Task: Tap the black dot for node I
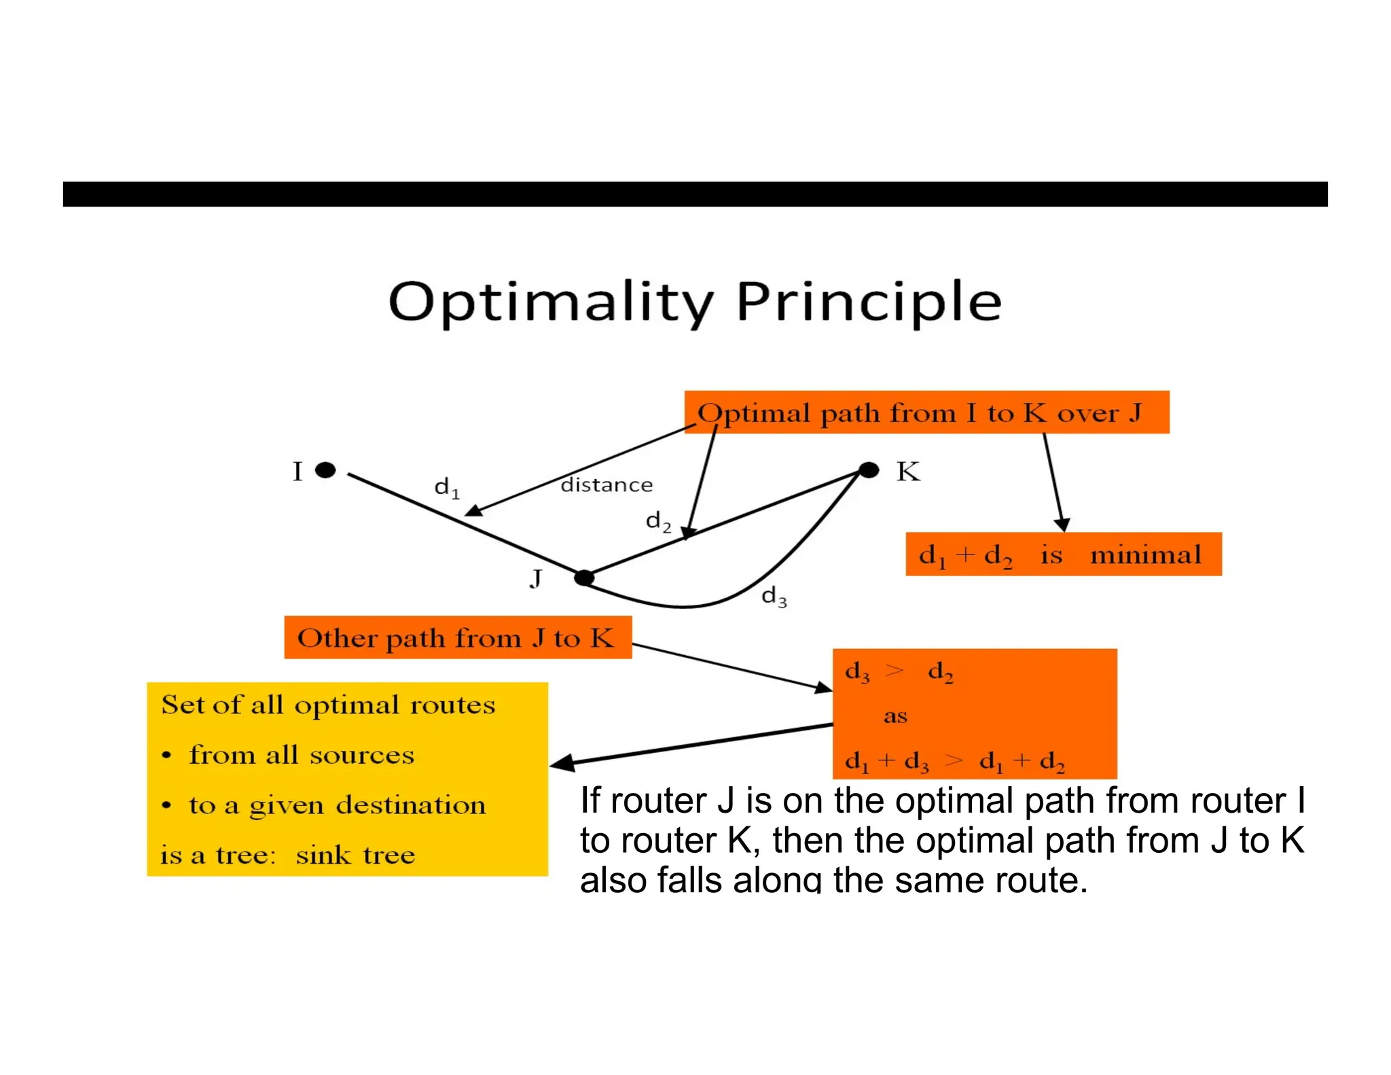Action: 326,470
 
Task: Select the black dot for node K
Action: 869,470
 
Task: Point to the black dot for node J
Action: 584,578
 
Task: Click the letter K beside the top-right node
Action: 908,472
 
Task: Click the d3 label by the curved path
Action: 774,597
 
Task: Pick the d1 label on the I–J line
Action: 446,487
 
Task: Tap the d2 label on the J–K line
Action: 658,521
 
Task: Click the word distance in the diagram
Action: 607,484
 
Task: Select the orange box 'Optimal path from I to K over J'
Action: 926,412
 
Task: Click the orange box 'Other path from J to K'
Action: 458,637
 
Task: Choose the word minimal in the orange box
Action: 1146,554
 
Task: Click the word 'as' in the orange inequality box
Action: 895,716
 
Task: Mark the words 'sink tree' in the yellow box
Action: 355,854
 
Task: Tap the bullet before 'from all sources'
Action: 166,756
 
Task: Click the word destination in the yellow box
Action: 412,805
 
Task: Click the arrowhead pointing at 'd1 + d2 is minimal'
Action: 1062,524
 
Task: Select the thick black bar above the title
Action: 695,194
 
